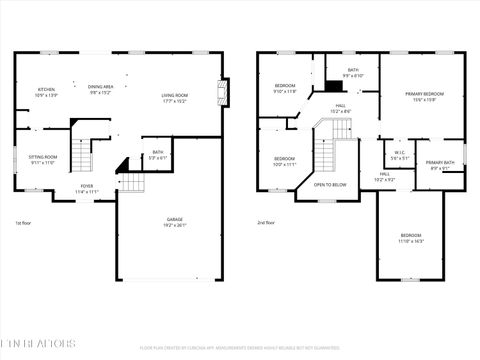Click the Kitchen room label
[x=47, y=90]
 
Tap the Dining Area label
[x=101, y=87]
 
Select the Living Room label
[x=175, y=95]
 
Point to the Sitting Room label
[x=43, y=157]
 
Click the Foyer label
[x=88, y=186]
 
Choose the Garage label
[x=175, y=219]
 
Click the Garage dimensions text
[x=175, y=225]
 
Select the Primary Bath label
[x=440, y=162]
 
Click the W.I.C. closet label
[x=398, y=153]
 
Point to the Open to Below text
[x=330, y=184]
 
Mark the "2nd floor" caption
[x=266, y=222]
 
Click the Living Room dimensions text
[x=175, y=101]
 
